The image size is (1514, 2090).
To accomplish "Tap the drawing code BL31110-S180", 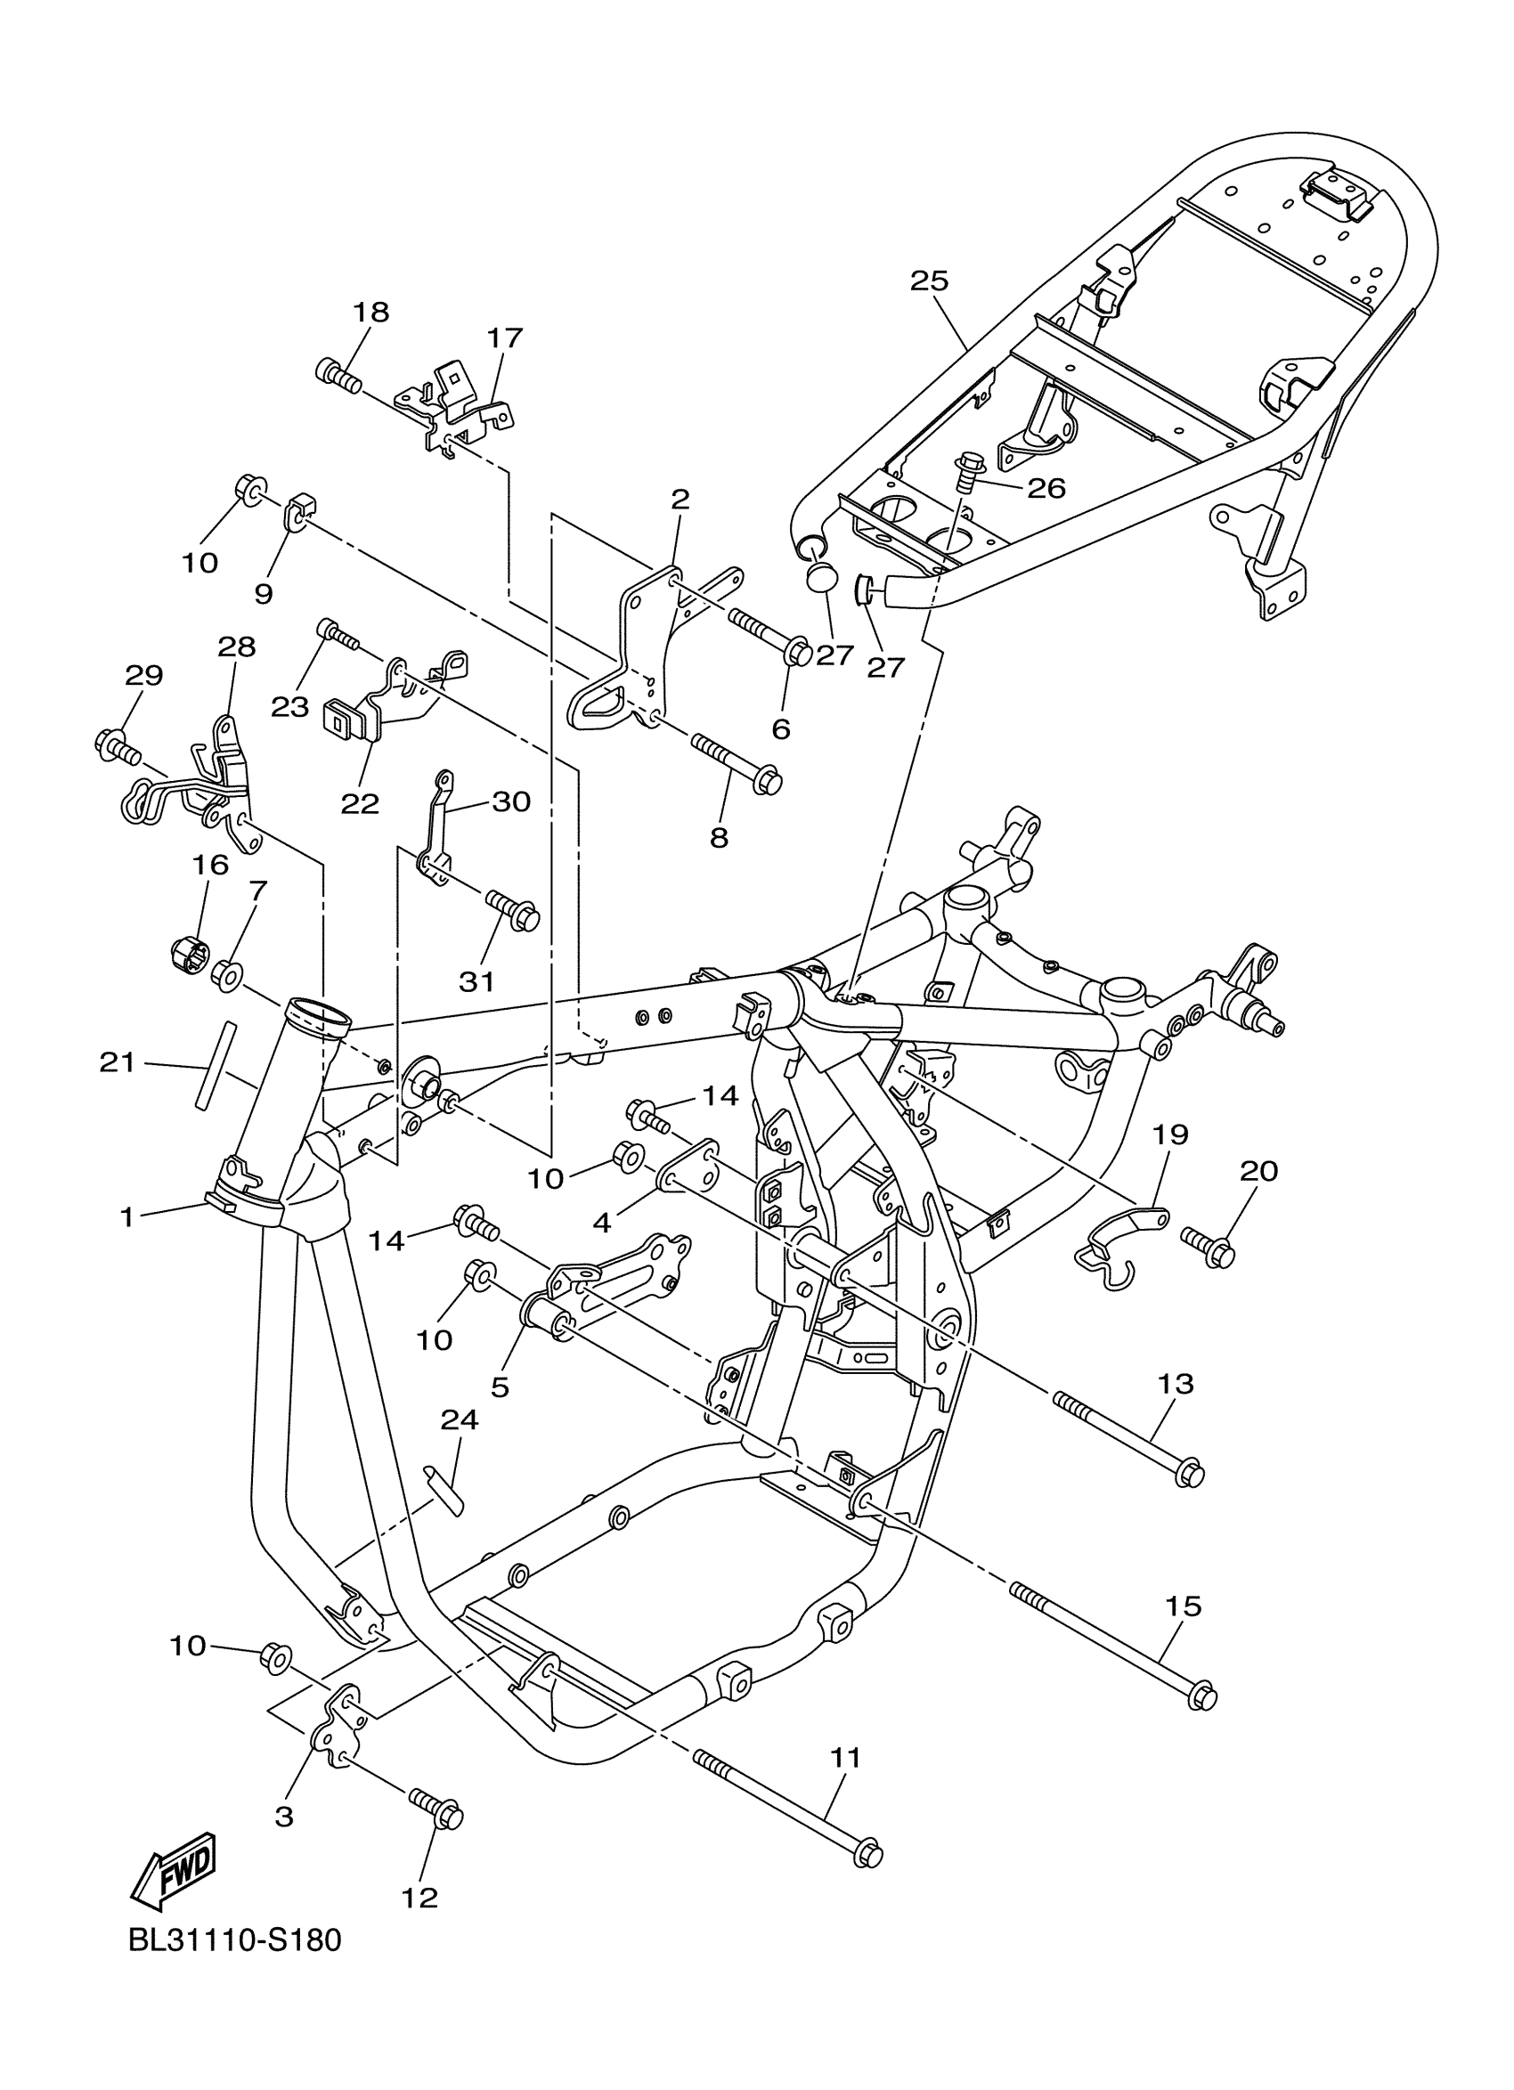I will [235, 1965].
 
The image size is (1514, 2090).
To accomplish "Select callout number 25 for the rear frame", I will [928, 281].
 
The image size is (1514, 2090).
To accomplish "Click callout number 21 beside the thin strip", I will [117, 1062].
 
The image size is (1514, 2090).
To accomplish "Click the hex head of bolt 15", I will [1201, 1696].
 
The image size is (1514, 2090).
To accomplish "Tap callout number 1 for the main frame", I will [127, 1217].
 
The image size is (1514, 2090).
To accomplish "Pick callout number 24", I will [459, 1420].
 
